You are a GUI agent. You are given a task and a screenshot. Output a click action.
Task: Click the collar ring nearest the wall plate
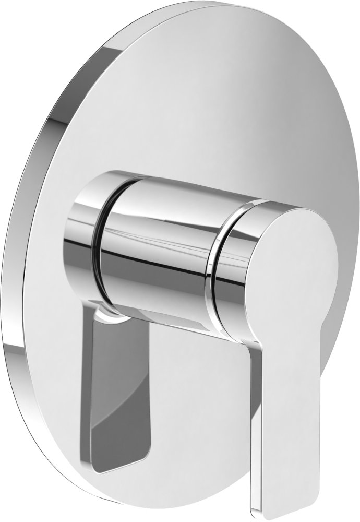point(81,235)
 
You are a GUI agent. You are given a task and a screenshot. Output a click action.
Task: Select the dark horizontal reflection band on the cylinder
point(157,261)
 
